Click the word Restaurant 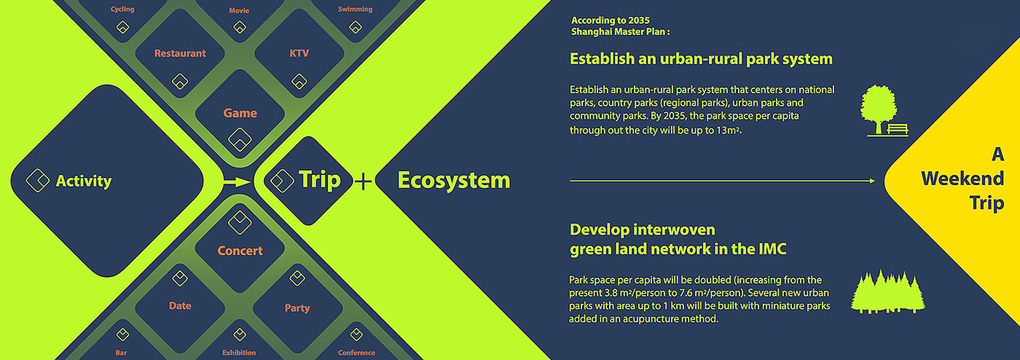click(x=180, y=53)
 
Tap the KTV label click(x=299, y=53)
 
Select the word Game click(x=240, y=113)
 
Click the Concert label click(x=240, y=251)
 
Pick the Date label click(x=180, y=306)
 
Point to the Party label click(x=297, y=308)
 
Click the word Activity click(x=84, y=181)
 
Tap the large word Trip click(x=320, y=179)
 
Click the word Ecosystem click(x=454, y=180)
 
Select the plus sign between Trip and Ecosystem click(x=363, y=181)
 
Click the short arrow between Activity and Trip click(x=237, y=182)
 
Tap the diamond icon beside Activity click(x=38, y=181)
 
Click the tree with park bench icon click(x=884, y=111)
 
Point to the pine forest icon click(x=888, y=291)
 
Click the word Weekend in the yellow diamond click(x=962, y=178)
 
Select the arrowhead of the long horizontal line click(x=872, y=181)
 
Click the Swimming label click(x=356, y=9)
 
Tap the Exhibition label click(x=239, y=353)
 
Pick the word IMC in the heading click(x=772, y=249)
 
